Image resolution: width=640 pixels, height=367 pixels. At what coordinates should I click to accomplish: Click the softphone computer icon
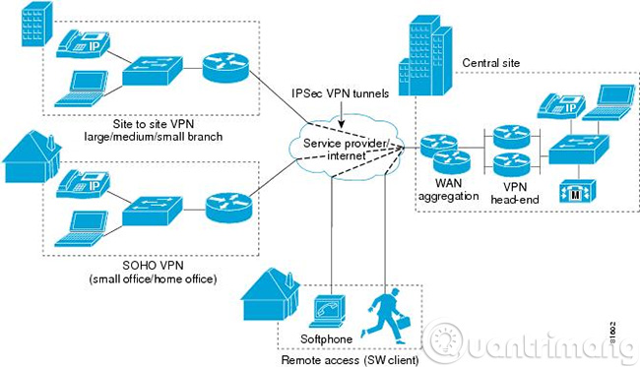coord(326,312)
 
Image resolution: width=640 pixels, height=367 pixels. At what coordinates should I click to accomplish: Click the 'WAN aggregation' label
coord(447,190)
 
